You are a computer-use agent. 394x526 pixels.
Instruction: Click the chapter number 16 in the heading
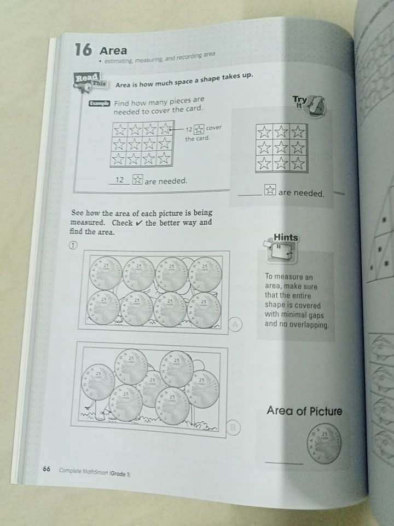82,50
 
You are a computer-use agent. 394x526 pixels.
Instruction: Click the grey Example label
99,104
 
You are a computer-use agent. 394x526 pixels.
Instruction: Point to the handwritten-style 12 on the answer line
121,180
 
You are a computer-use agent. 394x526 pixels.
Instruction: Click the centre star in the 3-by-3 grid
281,147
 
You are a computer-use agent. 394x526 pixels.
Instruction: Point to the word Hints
286,237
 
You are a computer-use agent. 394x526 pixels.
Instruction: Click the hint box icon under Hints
281,252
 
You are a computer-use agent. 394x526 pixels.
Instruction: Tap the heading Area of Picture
304,411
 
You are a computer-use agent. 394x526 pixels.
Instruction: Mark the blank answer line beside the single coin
283,463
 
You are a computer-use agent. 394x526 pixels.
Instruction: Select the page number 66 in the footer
47,469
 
